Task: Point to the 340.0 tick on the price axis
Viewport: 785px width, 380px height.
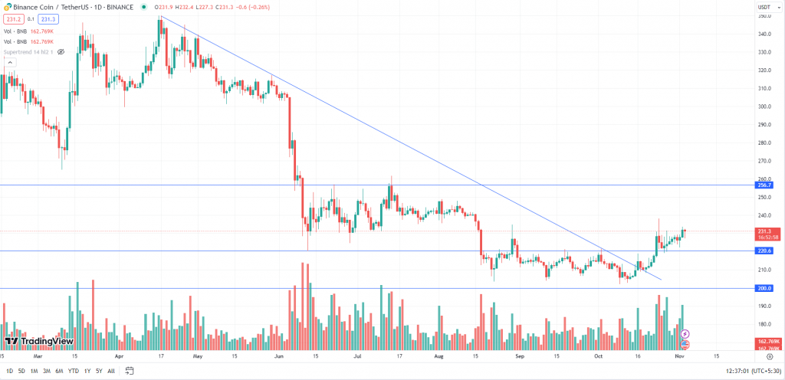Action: [764, 34]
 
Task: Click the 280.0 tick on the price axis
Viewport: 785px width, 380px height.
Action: [764, 142]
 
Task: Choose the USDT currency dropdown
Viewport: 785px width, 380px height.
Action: [763, 6]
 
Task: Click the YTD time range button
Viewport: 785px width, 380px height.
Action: [73, 371]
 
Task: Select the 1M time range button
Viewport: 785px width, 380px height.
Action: [33, 371]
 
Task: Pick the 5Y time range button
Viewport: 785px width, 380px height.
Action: [98, 371]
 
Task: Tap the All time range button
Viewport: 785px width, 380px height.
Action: [112, 371]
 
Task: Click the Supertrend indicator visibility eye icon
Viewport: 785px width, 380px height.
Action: [61, 52]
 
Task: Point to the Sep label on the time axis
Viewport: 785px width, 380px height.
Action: [519, 356]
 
